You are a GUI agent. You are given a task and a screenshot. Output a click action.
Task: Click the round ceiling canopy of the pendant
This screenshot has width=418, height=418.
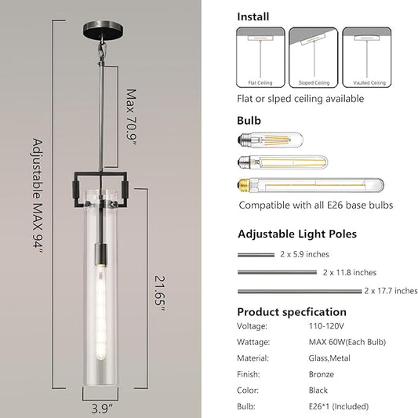pos(104,29)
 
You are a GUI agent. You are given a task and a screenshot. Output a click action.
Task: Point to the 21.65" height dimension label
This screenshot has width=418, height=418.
pos(160,293)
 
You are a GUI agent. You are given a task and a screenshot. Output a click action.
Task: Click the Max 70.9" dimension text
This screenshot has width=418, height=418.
pos(132,118)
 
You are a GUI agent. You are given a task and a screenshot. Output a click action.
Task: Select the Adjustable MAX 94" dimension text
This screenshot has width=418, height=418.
pos(38,197)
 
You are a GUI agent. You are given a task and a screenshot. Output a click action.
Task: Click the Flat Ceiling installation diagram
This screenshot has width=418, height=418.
pos(260,57)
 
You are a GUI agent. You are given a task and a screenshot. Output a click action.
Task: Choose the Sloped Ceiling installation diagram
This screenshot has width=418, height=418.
pos(314,57)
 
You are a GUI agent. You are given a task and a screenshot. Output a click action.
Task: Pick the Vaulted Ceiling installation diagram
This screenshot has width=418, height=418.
pos(367,57)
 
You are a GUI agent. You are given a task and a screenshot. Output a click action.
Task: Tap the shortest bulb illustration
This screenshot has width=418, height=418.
pos(271,140)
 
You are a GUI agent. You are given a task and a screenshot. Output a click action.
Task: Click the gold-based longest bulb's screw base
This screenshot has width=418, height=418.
pos(245,185)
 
